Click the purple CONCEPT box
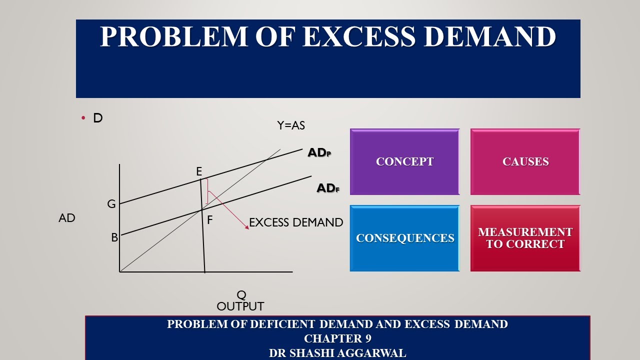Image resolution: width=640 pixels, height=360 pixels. [404, 161]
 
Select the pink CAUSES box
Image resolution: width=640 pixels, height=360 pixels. [525, 161]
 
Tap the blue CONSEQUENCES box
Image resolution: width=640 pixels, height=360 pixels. [404, 238]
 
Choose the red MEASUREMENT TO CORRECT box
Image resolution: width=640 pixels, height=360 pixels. [525, 238]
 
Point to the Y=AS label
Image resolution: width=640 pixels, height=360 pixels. [291, 125]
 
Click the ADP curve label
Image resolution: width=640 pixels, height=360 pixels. [319, 153]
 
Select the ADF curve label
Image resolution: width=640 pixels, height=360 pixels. [328, 188]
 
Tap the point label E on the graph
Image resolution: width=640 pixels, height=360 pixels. [199, 172]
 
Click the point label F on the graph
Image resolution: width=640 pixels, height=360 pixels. [210, 220]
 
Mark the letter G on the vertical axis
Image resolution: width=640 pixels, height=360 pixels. [111, 204]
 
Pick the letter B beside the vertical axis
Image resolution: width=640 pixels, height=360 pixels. [114, 238]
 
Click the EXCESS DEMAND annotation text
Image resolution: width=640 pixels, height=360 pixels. [296, 222]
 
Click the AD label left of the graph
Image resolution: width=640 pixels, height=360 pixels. [67, 218]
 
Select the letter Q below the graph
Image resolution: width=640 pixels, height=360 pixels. [241, 295]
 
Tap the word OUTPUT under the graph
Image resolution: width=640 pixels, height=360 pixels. [240, 306]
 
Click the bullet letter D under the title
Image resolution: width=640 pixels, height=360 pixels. [97, 118]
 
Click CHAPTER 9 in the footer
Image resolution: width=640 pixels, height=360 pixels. [337, 338]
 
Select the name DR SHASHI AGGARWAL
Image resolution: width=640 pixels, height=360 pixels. [337, 353]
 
